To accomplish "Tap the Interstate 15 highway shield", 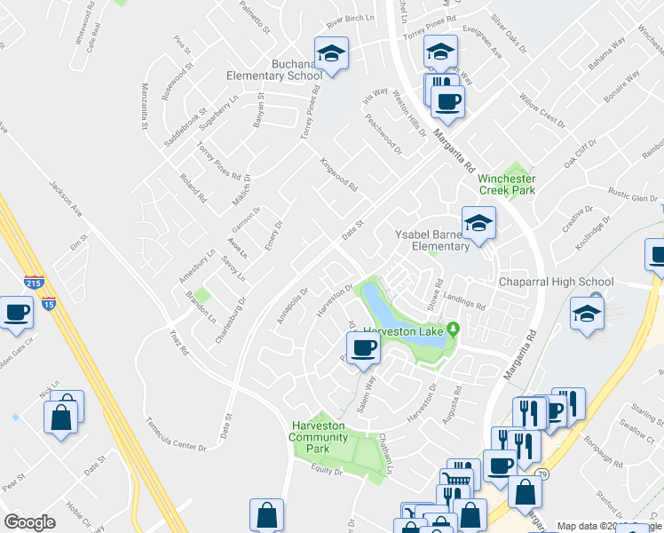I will click(x=48, y=304).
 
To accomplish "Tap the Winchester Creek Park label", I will click(x=507, y=183).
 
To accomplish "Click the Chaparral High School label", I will click(x=557, y=282).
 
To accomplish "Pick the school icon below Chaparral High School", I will click(x=587, y=314).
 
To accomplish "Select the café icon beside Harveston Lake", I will click(x=362, y=347).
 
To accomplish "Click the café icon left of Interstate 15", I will click(x=17, y=313).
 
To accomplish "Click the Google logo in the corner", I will click(x=29, y=522).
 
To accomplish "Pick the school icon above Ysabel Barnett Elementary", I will click(x=478, y=224).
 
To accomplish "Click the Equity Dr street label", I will click(x=326, y=472).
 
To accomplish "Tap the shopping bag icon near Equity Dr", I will click(x=267, y=515).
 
